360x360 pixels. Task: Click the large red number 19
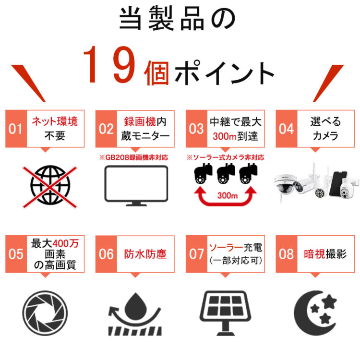click(x=109, y=64)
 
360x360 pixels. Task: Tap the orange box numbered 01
click(x=16, y=129)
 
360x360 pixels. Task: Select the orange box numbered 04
click(x=287, y=129)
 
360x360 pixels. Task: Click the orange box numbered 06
click(x=106, y=254)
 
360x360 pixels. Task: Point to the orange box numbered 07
click(x=196, y=254)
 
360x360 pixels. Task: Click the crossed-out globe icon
click(x=50, y=187)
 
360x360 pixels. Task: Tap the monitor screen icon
click(x=136, y=185)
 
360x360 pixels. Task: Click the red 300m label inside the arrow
click(x=228, y=196)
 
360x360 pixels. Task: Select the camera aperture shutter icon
click(x=45, y=313)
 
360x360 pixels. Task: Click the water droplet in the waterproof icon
click(x=135, y=306)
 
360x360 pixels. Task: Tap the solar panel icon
click(x=226, y=313)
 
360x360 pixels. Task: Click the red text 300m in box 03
click(x=225, y=137)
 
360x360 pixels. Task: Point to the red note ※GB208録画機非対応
click(x=133, y=157)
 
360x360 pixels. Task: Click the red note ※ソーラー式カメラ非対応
click(x=225, y=157)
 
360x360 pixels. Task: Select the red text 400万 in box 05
click(x=66, y=243)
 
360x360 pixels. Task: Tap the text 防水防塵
click(x=145, y=254)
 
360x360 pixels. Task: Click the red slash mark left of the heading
click(x=28, y=83)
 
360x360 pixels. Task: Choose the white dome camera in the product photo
click(x=284, y=185)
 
